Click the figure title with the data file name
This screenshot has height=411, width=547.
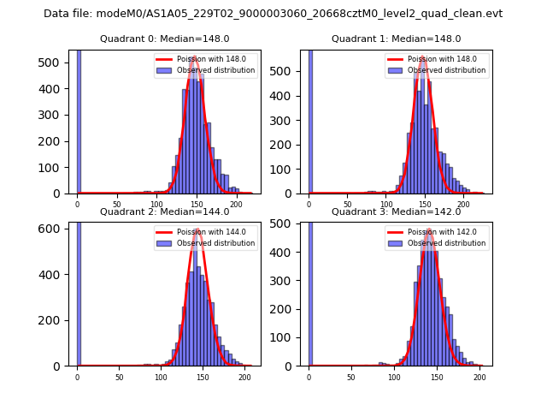(x=273, y=14)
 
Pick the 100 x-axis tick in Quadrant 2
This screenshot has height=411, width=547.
(x=161, y=377)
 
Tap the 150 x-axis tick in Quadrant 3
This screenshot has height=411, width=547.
(x=437, y=377)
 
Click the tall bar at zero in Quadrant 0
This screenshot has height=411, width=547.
(x=79, y=120)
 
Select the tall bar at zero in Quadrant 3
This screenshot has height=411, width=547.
(x=310, y=291)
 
